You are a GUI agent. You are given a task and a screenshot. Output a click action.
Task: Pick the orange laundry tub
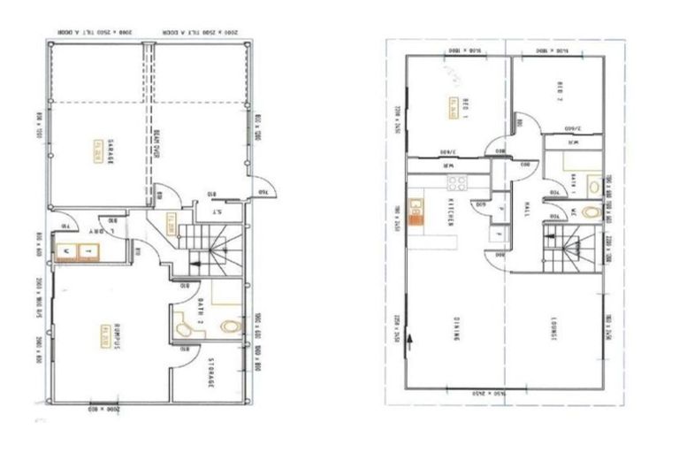[x=76, y=253]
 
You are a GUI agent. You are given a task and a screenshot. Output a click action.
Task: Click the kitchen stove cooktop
[x=458, y=184]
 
